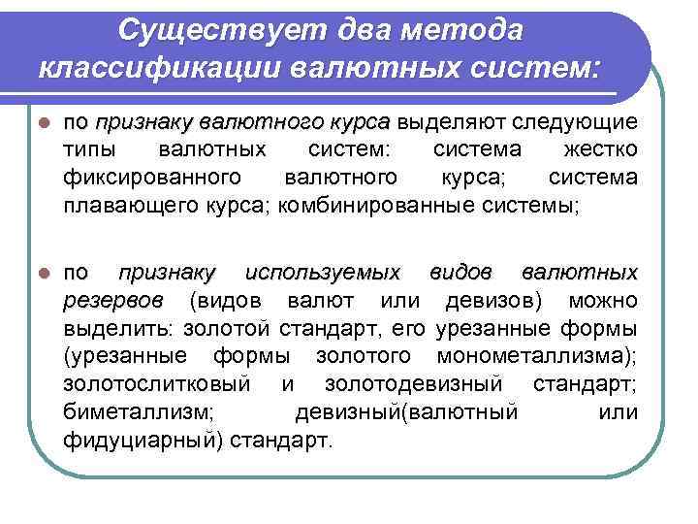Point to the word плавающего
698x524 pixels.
118,205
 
